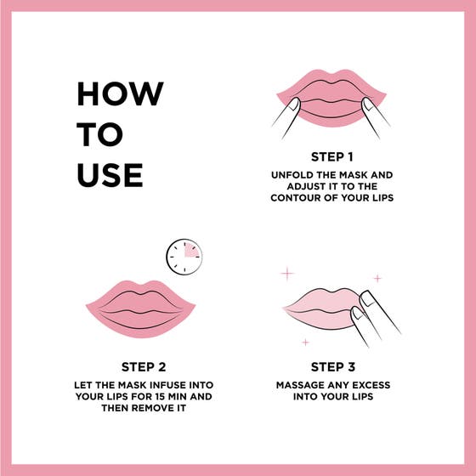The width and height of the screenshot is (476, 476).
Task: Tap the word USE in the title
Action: [110, 174]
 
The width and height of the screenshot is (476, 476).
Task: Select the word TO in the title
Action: [100, 134]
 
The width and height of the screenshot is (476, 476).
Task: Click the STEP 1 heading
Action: [331, 157]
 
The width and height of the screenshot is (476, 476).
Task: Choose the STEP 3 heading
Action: [332, 367]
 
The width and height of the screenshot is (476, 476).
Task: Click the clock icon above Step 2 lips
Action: [184, 255]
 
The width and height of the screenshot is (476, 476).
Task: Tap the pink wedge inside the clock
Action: [191, 250]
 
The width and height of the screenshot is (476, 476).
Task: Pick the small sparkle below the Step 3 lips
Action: [305, 342]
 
